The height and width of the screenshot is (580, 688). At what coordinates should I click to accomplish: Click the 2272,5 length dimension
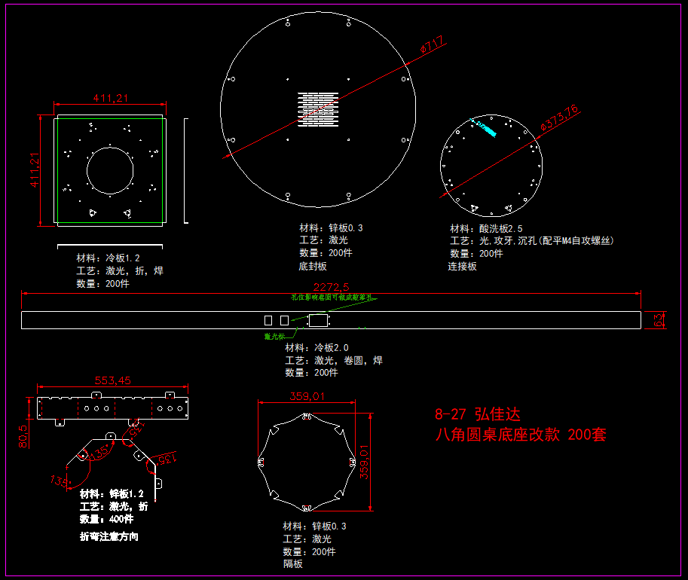(331, 287)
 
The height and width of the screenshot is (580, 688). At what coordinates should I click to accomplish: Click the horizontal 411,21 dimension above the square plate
(110, 98)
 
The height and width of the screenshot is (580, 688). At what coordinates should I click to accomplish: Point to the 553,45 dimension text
(112, 380)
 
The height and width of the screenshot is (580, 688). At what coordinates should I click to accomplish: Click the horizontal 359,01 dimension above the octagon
(307, 396)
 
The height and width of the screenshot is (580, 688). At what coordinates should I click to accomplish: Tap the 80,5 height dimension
(23, 436)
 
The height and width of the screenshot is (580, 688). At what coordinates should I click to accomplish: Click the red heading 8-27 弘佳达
(478, 414)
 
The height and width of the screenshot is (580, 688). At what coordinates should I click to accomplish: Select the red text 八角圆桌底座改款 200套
(521, 435)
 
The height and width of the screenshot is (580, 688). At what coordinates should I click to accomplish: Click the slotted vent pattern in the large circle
(318, 111)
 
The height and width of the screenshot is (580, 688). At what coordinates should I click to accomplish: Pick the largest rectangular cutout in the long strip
(318, 320)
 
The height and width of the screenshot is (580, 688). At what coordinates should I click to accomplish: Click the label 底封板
(313, 266)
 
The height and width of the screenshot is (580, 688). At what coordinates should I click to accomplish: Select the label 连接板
(463, 266)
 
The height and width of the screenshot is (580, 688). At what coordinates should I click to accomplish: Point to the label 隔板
(293, 563)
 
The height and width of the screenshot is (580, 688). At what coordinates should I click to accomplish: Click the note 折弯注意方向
(109, 537)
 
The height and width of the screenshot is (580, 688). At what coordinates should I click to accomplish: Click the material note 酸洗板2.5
(486, 228)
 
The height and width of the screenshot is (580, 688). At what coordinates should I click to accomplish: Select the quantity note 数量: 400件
(106, 519)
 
